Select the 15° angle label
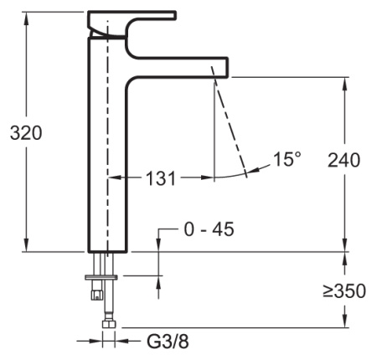click(286, 158)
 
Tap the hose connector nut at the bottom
click(106, 323)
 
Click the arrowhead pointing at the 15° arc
click(250, 174)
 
